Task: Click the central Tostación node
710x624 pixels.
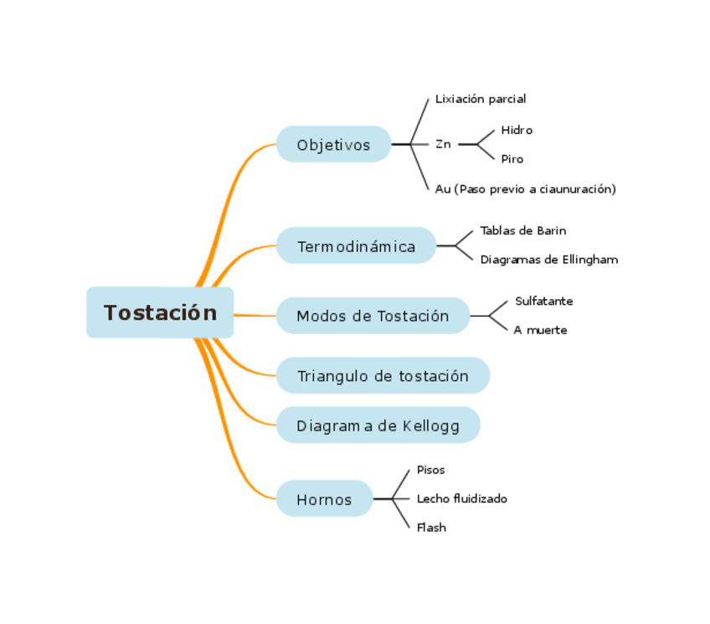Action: [x=160, y=312]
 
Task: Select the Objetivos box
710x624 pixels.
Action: [x=333, y=145]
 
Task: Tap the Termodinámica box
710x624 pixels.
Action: [x=356, y=246]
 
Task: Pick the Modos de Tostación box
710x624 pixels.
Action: [x=373, y=316]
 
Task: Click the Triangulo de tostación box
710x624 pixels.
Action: [x=383, y=376]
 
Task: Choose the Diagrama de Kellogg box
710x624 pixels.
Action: [x=378, y=425]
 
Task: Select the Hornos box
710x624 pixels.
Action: [x=324, y=499]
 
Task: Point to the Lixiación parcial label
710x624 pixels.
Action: [x=481, y=99]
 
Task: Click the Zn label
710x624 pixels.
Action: [x=443, y=144]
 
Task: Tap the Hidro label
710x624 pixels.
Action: [x=517, y=130]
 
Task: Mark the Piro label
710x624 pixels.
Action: [x=512, y=159]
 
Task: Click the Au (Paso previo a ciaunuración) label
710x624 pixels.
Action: [x=525, y=189]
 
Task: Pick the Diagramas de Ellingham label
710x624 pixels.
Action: [x=548, y=260]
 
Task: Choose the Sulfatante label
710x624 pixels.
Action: [x=543, y=301]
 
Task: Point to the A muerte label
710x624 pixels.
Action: [x=540, y=330]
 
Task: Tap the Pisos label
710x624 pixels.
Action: [x=430, y=470]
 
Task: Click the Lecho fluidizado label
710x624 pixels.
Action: [x=461, y=498]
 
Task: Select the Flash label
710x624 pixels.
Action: [x=431, y=528]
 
